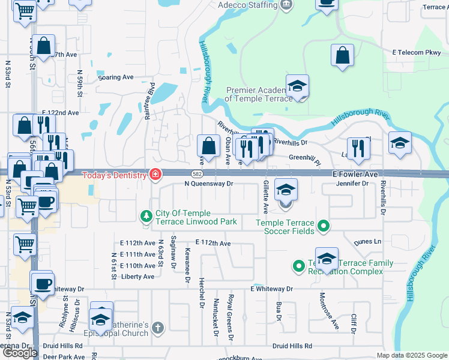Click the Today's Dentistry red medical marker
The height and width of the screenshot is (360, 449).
click(x=155, y=175)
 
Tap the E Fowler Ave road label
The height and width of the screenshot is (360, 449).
click(x=355, y=174)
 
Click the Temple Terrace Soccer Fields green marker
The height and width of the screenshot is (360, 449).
click(x=324, y=226)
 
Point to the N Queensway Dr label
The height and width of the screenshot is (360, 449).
click(x=208, y=184)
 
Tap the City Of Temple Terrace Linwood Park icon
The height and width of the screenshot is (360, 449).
click(x=145, y=215)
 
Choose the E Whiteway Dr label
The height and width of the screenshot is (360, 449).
click(x=271, y=289)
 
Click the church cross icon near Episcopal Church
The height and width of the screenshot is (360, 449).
click(x=157, y=328)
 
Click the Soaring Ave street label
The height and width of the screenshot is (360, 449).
click(x=116, y=77)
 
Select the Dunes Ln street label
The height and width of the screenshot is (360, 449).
click(x=367, y=242)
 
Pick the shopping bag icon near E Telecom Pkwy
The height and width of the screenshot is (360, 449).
click(x=342, y=56)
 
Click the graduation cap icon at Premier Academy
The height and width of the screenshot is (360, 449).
click(x=297, y=86)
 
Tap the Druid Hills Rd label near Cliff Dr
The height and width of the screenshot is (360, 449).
click(x=292, y=346)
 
